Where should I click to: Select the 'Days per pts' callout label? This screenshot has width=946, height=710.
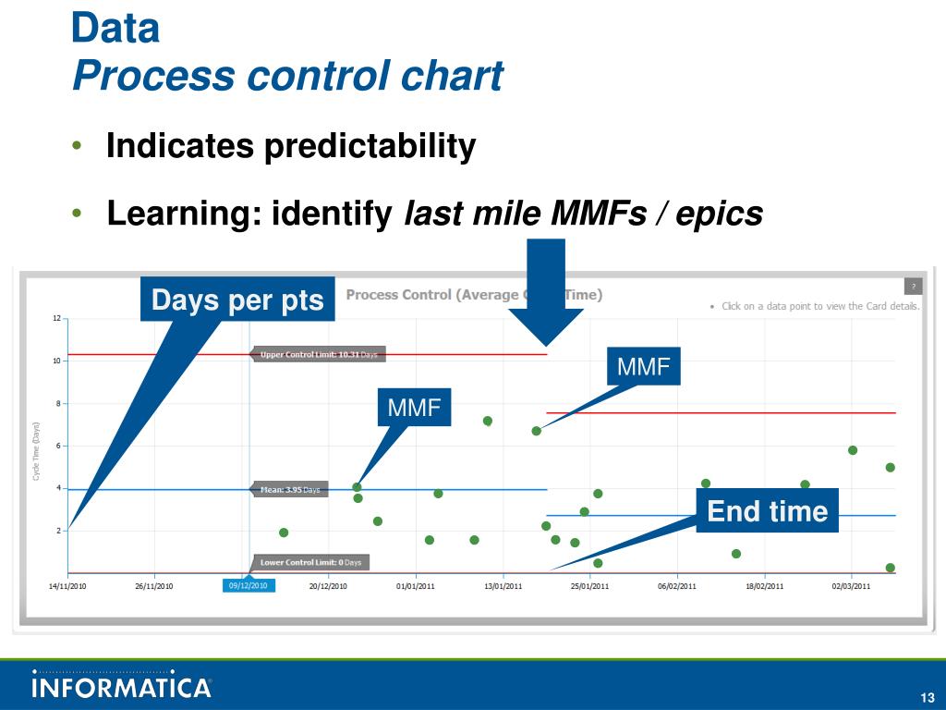pos(237,300)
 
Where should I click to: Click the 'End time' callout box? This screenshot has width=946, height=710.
pos(767,510)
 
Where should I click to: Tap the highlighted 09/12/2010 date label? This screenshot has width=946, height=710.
pos(248,585)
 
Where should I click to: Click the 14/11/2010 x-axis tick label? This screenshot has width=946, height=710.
pos(67,585)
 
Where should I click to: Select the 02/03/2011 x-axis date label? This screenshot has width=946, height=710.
pos(851,585)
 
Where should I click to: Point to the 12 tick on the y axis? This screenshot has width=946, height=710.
pos(55,319)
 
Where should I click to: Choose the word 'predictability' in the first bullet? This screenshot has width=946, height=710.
pos(370,145)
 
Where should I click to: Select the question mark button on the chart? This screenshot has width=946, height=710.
pos(913,287)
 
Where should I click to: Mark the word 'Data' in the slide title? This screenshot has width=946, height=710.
pos(115,29)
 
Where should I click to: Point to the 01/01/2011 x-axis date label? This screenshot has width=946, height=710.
pos(416,585)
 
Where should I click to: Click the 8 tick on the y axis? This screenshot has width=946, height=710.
pos(57,404)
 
